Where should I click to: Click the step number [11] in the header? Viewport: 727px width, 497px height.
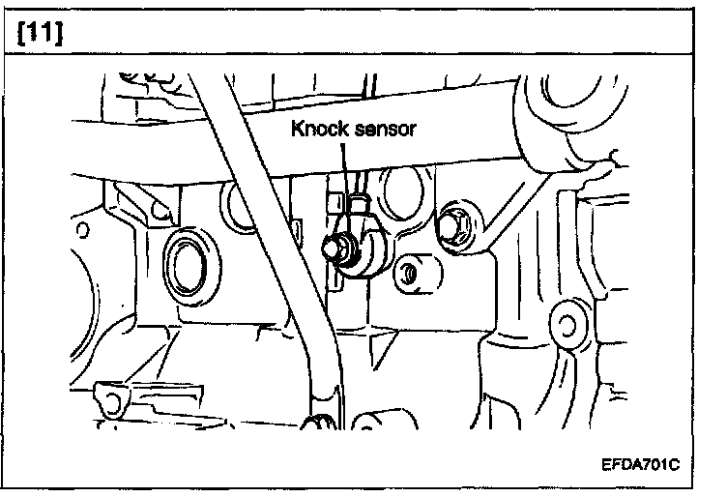(40, 33)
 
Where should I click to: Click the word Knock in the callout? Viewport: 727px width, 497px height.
(320, 129)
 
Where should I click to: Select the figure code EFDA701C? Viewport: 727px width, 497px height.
(640, 464)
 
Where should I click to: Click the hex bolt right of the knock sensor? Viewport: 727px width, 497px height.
(453, 227)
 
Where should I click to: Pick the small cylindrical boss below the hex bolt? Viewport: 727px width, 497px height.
(417, 274)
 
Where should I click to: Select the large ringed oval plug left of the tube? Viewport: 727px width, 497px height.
(191, 267)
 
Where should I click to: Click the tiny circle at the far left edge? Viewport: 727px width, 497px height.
(82, 230)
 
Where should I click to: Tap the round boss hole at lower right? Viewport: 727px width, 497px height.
(567, 326)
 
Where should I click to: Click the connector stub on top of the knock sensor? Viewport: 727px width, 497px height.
(359, 204)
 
